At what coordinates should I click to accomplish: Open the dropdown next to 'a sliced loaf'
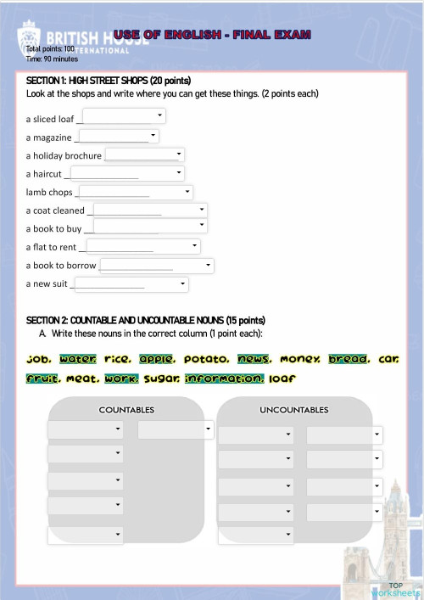pyautogui.click(x=125, y=116)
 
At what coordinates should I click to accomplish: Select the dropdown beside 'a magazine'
pyautogui.click(x=119, y=136)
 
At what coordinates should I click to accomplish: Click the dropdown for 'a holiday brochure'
pyautogui.click(x=144, y=154)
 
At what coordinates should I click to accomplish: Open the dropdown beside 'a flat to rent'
pyautogui.click(x=142, y=246)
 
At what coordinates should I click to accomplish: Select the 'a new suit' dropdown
pyautogui.click(x=131, y=284)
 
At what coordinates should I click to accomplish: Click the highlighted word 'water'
pyautogui.click(x=78, y=359)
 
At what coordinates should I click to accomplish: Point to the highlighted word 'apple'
pyautogui.click(x=156, y=359)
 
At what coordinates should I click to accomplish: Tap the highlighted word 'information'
pyautogui.click(x=225, y=379)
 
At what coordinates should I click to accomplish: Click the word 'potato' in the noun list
pyautogui.click(x=206, y=359)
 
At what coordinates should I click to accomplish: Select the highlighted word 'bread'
pyautogui.click(x=348, y=359)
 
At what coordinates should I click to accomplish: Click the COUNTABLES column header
pyautogui.click(x=126, y=410)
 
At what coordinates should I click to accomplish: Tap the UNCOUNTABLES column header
pyautogui.click(x=293, y=410)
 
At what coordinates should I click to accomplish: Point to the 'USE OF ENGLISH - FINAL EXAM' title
pyautogui.click(x=212, y=35)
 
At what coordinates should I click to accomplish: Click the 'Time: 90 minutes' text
pyautogui.click(x=52, y=59)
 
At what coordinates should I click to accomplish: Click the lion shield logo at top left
pyautogui.click(x=29, y=38)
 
